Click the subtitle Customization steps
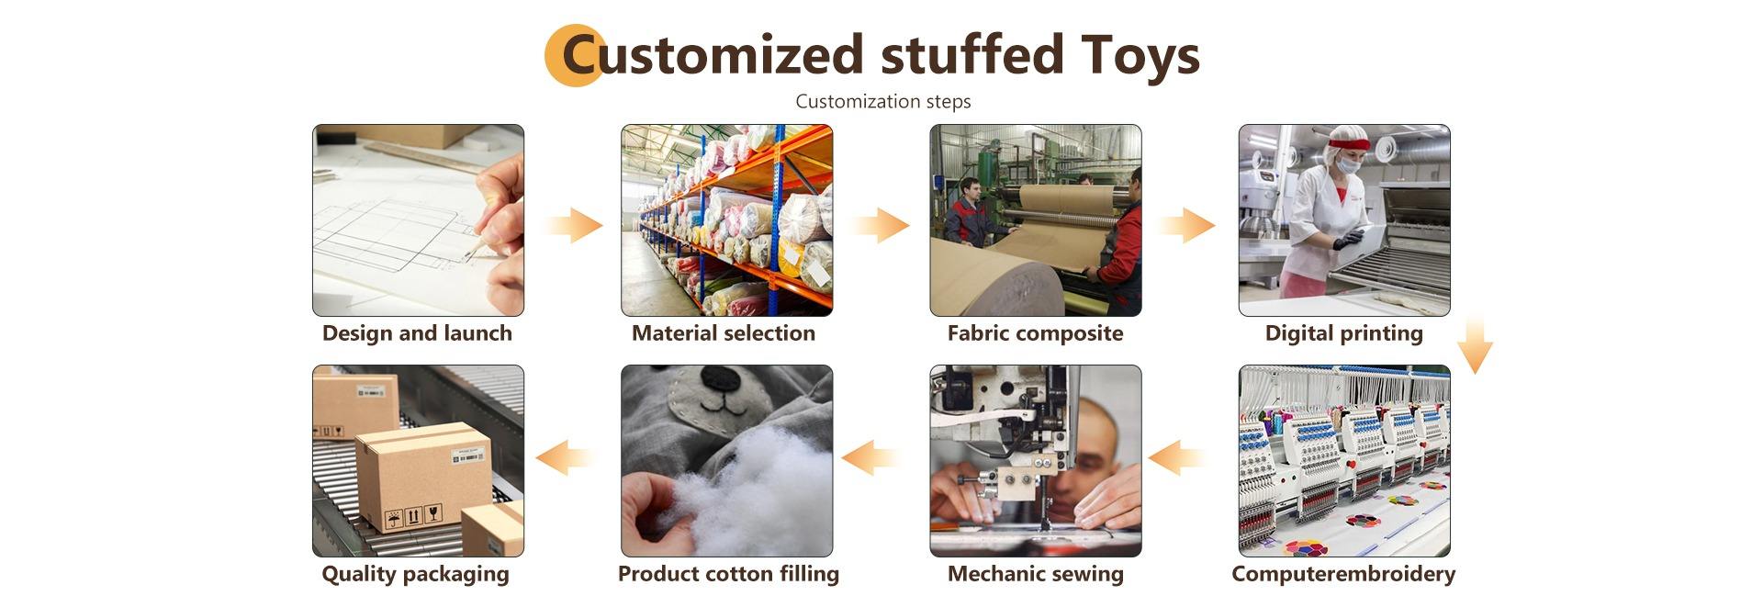coord(883,101)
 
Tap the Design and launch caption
coord(417,333)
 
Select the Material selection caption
coord(724,333)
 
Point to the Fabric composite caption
coord(1035,333)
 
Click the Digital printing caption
coord(1344,333)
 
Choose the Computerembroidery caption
coord(1343,574)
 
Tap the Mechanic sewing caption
coord(1035,574)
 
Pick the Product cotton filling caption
coord(728,574)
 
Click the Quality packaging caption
coord(415,574)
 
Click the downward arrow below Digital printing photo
coord(1475,344)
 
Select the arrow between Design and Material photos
coord(573,225)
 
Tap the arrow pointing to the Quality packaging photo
coord(564,456)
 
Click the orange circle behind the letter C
coord(574,55)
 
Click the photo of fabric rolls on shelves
coord(727,220)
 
